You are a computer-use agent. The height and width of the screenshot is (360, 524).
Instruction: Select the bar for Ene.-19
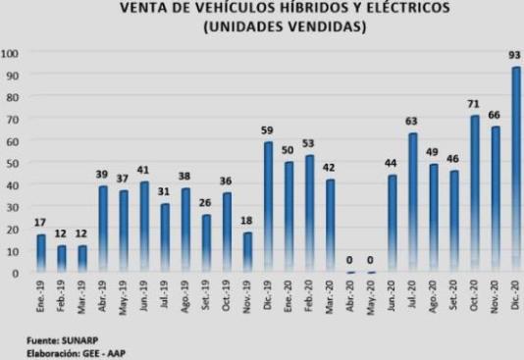(41, 253)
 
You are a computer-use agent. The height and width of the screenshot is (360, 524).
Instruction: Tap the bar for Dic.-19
(268, 208)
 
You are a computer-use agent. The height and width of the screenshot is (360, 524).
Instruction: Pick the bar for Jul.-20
(413, 203)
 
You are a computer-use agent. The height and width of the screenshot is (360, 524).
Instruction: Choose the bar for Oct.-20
(475, 194)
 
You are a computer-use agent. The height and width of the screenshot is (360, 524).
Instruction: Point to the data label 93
(515, 57)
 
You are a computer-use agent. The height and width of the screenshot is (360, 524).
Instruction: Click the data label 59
(267, 131)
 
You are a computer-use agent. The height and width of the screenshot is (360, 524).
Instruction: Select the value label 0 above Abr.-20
(350, 260)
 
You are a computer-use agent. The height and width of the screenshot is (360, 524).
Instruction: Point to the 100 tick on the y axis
(10, 53)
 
